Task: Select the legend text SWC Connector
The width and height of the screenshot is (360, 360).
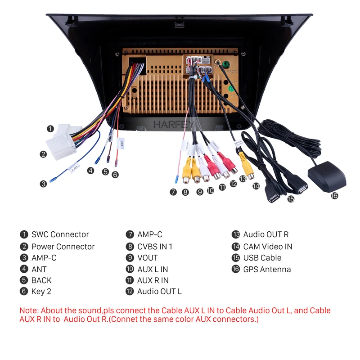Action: (x=60, y=234)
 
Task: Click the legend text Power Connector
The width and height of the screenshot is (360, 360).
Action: (x=63, y=247)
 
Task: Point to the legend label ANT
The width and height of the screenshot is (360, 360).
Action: (x=39, y=269)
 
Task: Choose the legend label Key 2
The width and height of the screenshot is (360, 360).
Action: (x=41, y=291)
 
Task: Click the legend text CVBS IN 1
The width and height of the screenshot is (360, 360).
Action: (x=155, y=247)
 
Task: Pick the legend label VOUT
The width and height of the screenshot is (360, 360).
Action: (x=148, y=258)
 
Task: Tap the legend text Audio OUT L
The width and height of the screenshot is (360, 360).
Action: (x=159, y=291)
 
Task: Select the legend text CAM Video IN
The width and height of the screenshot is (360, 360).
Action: (x=268, y=247)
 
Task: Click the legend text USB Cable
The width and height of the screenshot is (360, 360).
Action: (x=262, y=258)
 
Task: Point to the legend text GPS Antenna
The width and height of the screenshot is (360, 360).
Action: (x=267, y=269)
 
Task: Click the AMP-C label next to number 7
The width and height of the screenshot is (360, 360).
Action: (x=150, y=234)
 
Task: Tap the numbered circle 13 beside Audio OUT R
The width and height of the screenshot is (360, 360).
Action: (x=236, y=234)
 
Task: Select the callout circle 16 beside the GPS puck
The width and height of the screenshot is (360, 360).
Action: (x=334, y=196)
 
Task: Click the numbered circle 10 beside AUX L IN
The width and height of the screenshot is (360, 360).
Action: (x=130, y=269)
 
